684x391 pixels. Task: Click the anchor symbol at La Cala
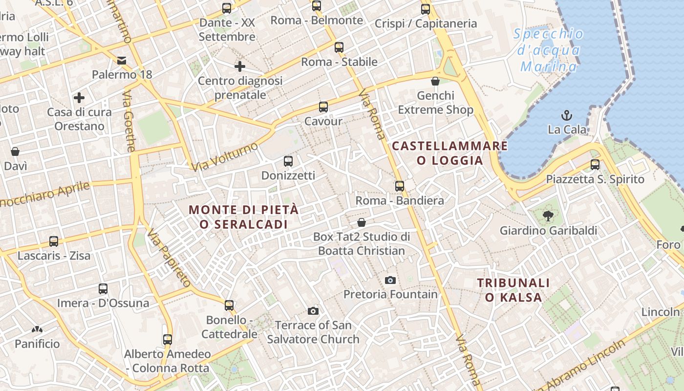click(x=567, y=115)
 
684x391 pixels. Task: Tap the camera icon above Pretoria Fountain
click(x=390, y=280)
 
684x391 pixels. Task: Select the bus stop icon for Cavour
click(x=323, y=107)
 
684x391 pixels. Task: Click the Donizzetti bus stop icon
click(x=288, y=161)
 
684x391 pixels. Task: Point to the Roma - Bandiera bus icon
click(x=400, y=186)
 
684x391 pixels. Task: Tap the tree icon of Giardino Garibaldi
click(x=548, y=216)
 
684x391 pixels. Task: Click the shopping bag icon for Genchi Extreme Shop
click(x=435, y=81)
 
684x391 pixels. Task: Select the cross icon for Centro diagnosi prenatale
click(x=240, y=66)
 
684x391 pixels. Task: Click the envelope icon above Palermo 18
click(x=122, y=61)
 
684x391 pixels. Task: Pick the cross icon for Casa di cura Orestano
click(x=79, y=98)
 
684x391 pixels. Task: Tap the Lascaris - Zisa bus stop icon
click(x=54, y=241)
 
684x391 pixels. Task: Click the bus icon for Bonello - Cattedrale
click(x=229, y=305)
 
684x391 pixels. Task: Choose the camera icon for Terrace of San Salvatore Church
click(x=313, y=311)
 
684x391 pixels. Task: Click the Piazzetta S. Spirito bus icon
click(x=595, y=165)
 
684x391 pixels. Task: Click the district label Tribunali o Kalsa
click(x=513, y=290)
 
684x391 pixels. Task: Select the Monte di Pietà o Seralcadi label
click(x=243, y=217)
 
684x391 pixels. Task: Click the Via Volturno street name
click(x=224, y=157)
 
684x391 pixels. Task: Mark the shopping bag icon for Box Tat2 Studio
click(x=362, y=223)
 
